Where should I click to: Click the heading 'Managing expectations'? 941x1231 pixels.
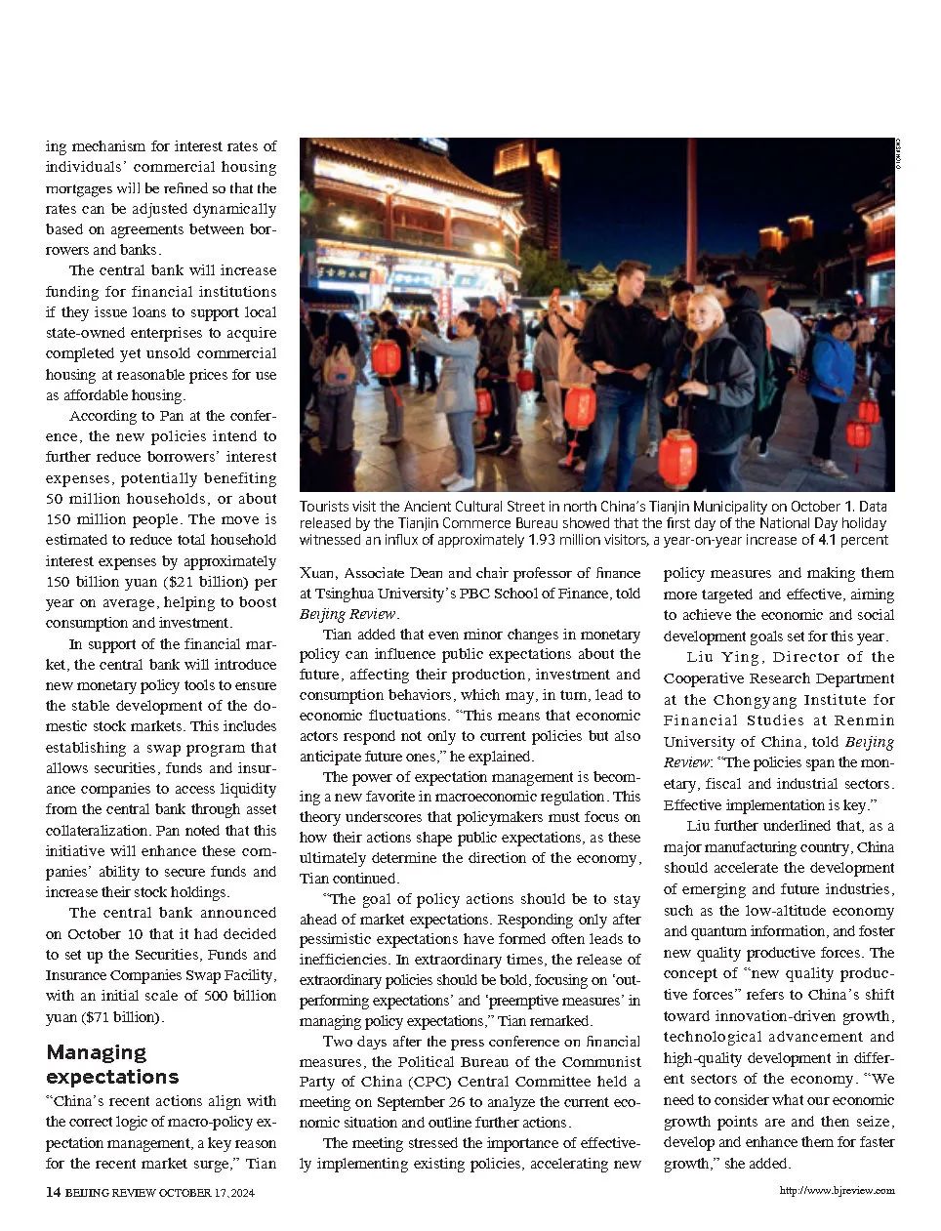click(x=112, y=1064)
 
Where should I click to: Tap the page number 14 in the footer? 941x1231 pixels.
click(x=54, y=1191)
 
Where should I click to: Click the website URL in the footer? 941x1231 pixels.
click(x=837, y=1190)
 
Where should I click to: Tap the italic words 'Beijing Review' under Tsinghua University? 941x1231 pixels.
click(x=348, y=614)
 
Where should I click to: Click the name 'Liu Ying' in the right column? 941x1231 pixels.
click(x=720, y=657)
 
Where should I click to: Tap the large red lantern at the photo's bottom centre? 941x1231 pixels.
click(x=676, y=458)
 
